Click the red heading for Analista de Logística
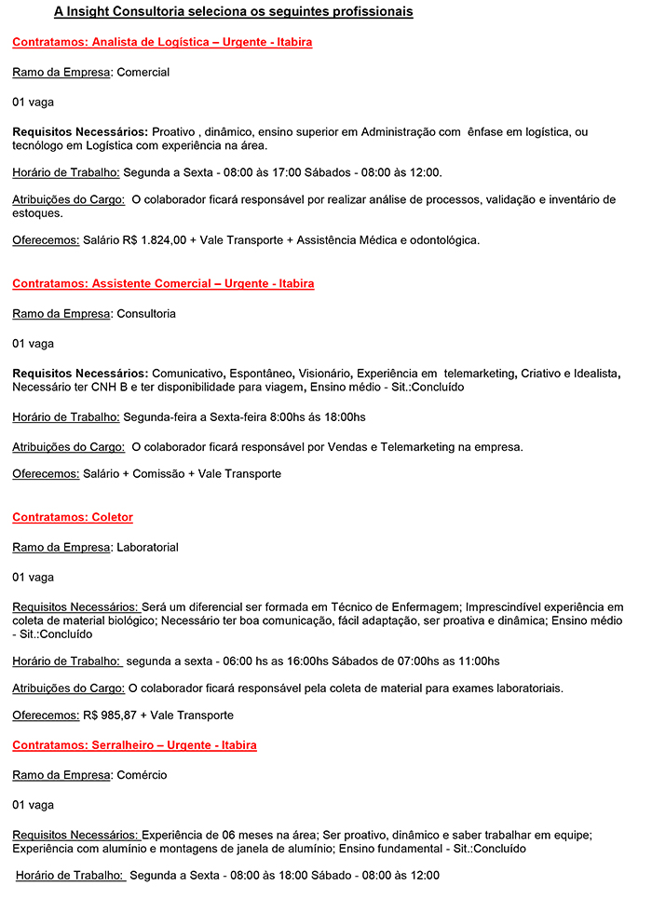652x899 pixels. coord(162,43)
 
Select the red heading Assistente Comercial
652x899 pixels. coord(163,283)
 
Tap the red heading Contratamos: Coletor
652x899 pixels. coord(73,517)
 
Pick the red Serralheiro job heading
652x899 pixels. coord(134,745)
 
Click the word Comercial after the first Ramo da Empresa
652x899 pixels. coord(143,73)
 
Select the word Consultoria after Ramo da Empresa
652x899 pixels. coord(146,314)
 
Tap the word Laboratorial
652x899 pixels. coord(147,548)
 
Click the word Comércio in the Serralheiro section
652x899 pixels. coord(142,775)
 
